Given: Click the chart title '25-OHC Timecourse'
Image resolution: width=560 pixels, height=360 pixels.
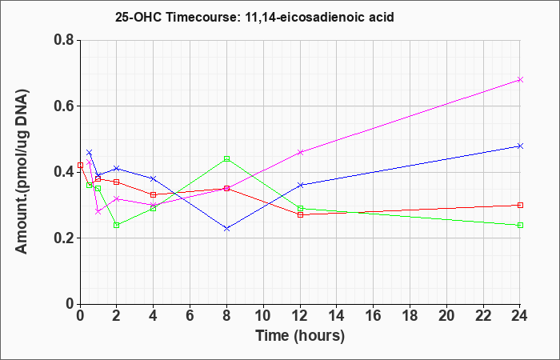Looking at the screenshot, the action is (176, 17).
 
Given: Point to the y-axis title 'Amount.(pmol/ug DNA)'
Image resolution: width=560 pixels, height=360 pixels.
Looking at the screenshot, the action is (22, 171).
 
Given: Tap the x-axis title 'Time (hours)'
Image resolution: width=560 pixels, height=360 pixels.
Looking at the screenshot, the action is (300, 336).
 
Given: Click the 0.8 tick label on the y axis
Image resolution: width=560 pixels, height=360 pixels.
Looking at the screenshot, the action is (64, 40).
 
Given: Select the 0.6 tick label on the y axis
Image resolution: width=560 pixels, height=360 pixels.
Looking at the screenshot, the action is (64, 106).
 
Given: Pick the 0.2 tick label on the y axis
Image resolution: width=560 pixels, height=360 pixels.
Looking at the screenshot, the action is (64, 238).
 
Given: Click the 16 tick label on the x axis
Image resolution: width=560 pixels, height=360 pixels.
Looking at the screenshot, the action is (374, 316).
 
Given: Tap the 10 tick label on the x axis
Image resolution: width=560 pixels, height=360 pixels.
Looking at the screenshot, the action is (263, 316).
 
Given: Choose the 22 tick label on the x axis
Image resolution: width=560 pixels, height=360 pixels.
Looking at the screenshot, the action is (483, 316).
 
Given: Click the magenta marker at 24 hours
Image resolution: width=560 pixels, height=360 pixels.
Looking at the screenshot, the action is (520, 80).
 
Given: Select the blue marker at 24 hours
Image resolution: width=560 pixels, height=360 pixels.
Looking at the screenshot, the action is (520, 146).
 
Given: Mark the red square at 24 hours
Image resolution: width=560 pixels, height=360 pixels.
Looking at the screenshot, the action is (520, 205).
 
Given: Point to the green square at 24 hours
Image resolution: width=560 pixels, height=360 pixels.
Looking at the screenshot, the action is (520, 225).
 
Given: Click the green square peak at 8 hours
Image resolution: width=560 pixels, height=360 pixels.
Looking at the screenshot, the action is (226, 158).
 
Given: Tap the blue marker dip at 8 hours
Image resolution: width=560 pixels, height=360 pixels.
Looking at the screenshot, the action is (226, 228).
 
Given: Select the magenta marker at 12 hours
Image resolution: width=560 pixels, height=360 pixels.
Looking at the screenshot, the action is (300, 152).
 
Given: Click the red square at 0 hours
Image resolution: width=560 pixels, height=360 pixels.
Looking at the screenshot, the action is (80, 165).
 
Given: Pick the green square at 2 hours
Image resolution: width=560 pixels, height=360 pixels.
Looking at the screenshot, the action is (117, 225).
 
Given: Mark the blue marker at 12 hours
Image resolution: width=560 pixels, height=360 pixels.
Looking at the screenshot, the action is (300, 185).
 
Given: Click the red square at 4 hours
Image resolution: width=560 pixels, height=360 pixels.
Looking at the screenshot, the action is (154, 194).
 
